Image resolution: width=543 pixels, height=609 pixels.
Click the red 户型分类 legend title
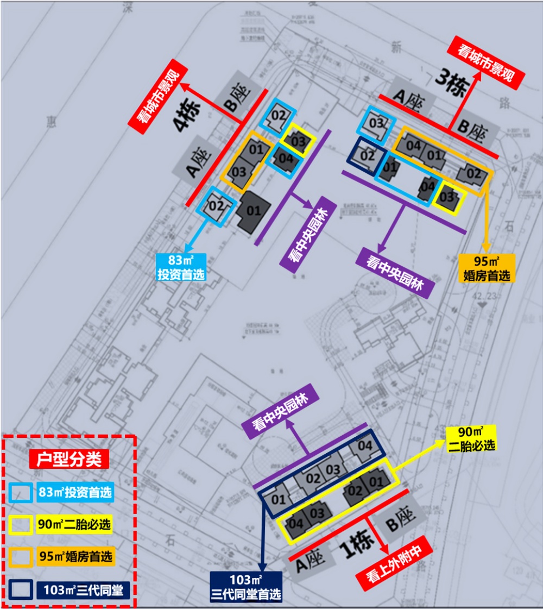pos(69,459)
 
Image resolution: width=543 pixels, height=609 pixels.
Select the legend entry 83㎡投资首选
pos(75,493)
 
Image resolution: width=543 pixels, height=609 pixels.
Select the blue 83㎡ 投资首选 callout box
pos(181,267)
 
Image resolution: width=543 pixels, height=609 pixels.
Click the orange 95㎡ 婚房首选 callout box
pos(485,268)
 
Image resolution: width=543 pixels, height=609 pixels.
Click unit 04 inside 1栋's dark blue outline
pos(365,446)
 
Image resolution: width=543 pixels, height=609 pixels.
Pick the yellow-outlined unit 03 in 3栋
pos(448,197)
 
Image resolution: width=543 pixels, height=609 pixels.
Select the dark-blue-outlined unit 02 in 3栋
pos(367,155)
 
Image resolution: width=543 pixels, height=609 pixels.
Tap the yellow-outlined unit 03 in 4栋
pos(298,141)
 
